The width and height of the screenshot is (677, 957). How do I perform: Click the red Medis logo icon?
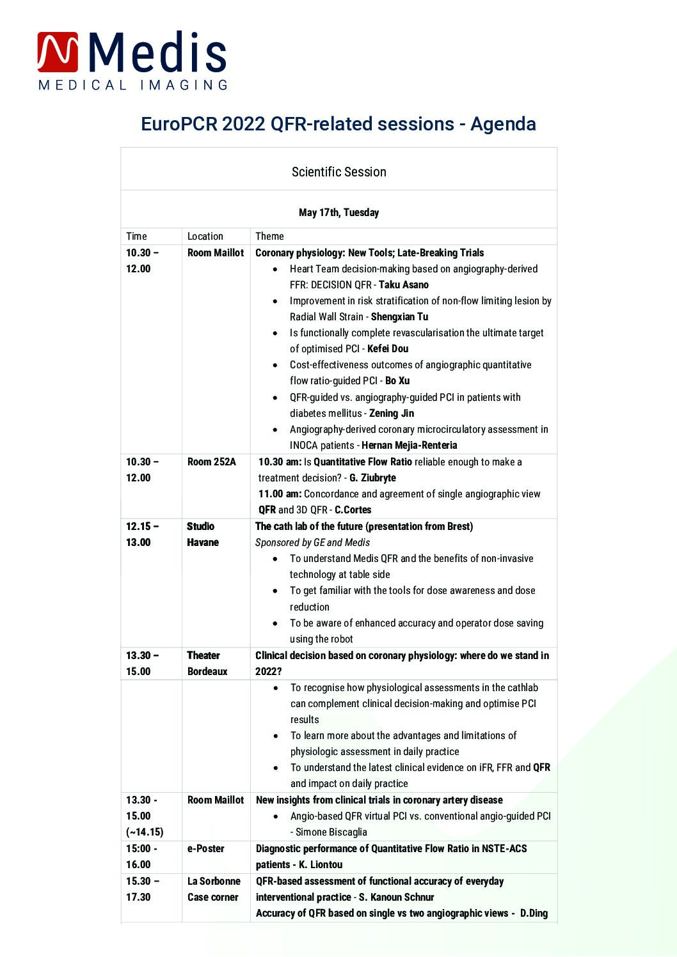point(58,52)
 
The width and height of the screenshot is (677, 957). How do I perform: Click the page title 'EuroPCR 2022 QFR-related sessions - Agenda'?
point(338,123)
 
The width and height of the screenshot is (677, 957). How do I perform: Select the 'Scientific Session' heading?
point(338,172)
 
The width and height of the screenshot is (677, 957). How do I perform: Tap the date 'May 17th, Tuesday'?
point(338,212)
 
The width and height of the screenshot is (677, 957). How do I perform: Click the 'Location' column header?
point(205,236)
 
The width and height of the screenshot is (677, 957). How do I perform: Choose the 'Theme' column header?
point(269,236)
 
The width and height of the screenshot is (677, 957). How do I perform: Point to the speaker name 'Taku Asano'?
point(403,284)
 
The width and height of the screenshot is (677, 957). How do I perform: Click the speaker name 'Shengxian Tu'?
point(399,316)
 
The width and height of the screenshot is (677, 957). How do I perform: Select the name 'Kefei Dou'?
point(387,348)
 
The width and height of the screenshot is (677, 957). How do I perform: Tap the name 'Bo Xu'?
point(397,380)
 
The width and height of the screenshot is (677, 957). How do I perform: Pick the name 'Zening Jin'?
point(391,413)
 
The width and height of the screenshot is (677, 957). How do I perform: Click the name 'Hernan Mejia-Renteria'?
point(409,445)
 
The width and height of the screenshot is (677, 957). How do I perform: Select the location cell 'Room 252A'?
point(211,462)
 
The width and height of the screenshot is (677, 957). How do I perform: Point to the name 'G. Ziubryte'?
point(372,478)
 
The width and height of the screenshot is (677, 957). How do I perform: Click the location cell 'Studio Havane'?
point(202,534)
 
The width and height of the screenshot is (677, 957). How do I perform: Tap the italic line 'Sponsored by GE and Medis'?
point(312,542)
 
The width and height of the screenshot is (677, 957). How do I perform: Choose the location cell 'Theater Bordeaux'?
point(207,663)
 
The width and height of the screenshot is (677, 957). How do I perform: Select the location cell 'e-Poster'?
point(205,848)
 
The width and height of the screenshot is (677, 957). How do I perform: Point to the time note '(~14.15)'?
point(144,832)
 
